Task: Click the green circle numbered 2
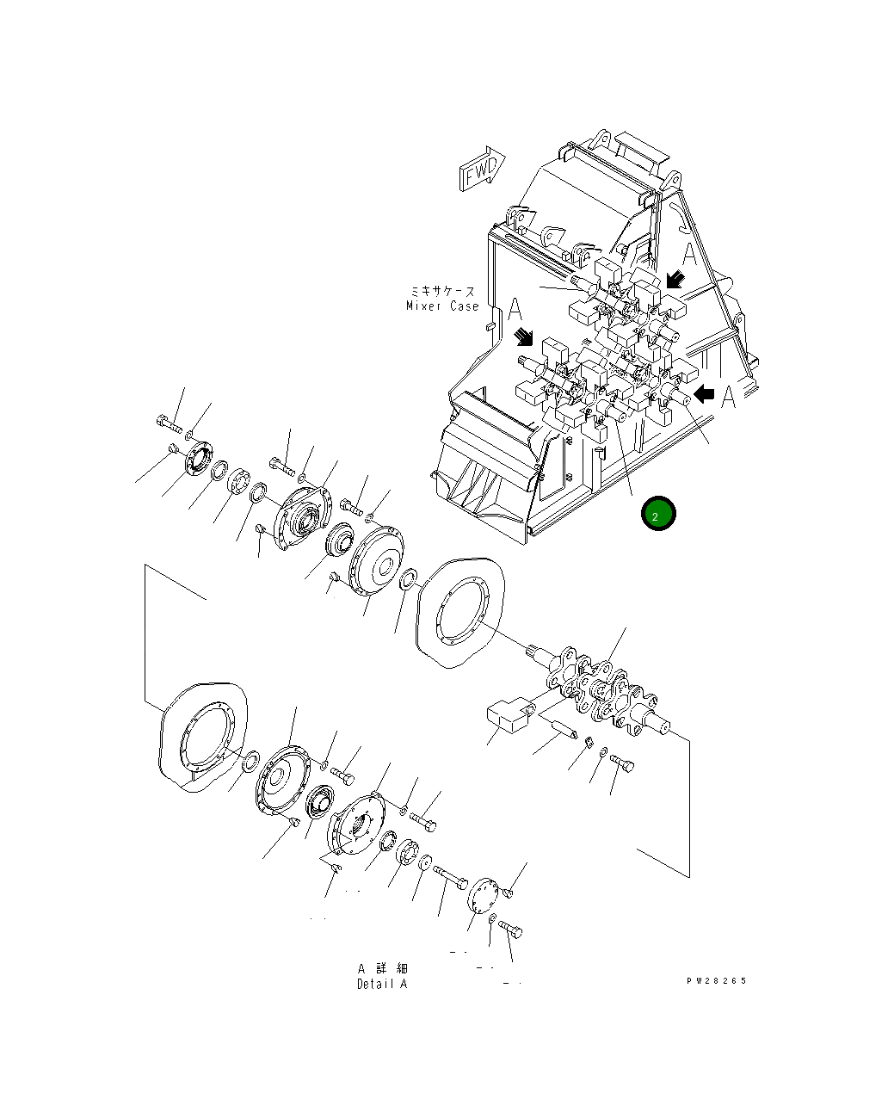point(657,515)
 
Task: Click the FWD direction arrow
point(483,168)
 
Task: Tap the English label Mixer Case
point(442,306)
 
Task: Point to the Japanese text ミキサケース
point(442,292)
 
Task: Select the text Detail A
point(382,984)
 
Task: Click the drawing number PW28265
point(716,981)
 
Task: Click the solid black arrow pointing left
point(705,394)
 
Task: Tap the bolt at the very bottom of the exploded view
point(511,930)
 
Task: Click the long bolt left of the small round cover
point(450,876)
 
